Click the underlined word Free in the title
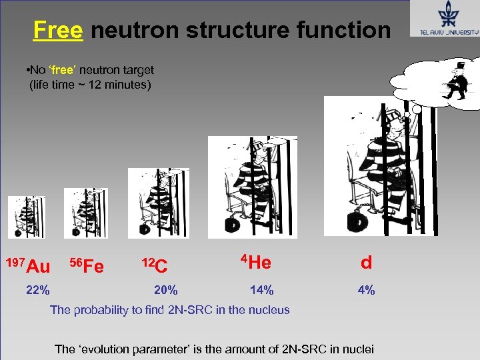pyautogui.click(x=58, y=30)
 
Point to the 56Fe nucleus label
pyautogui.click(x=87, y=266)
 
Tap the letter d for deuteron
pyautogui.click(x=366, y=262)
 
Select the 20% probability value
pyautogui.click(x=165, y=290)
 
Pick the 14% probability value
pyautogui.click(x=261, y=290)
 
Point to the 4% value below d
pyautogui.click(x=366, y=290)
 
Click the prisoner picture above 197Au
pyautogui.click(x=26, y=217)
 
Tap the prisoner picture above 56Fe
pyautogui.click(x=85, y=212)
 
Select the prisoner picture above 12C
pyautogui.click(x=158, y=203)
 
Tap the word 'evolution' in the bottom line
pyautogui.click(x=113, y=349)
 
